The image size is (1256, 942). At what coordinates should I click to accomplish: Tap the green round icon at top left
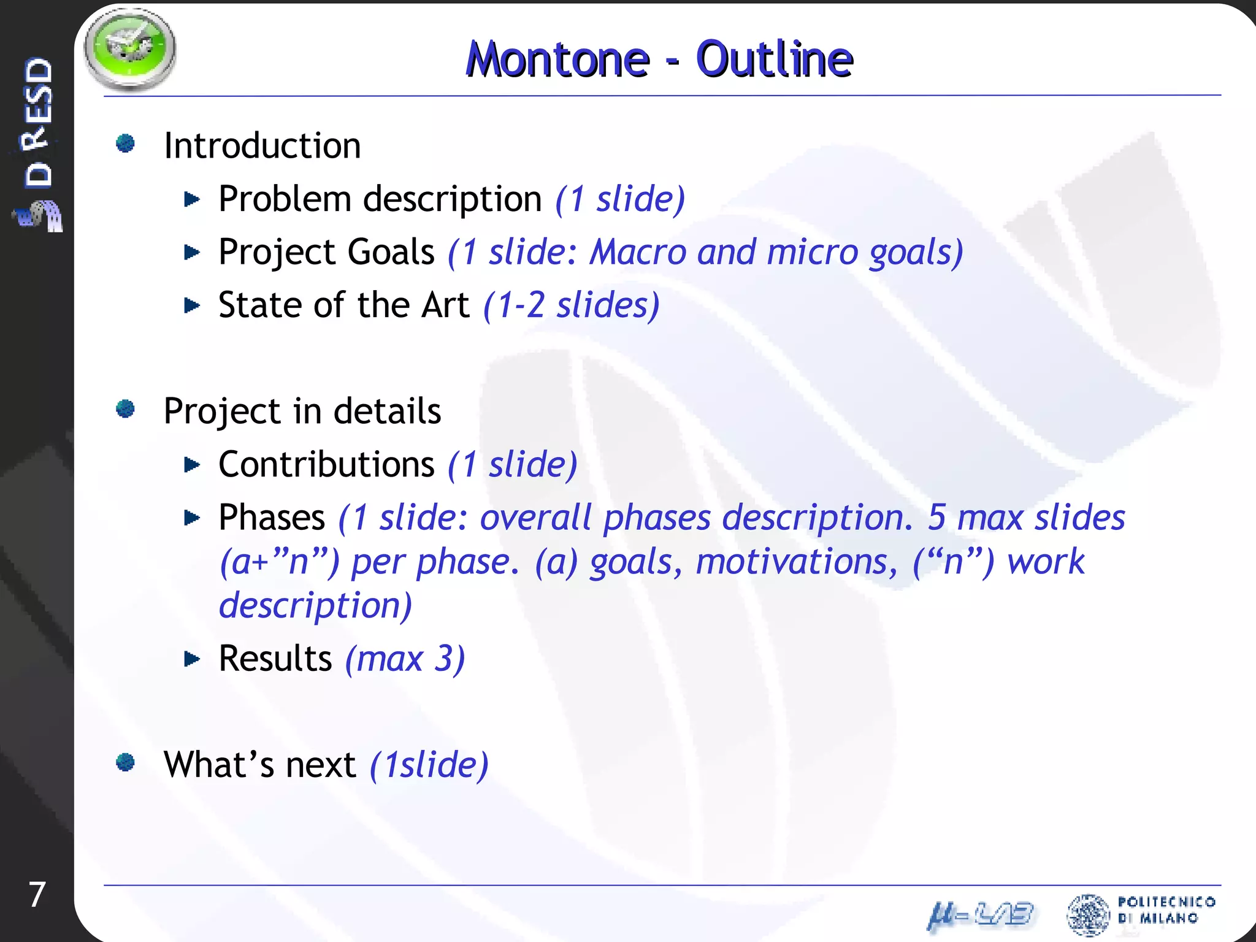coord(129,48)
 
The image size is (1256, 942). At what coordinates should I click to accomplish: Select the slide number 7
coord(37,895)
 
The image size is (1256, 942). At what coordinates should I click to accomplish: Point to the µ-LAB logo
coord(980,914)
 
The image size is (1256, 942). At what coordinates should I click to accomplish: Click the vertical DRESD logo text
coord(38,123)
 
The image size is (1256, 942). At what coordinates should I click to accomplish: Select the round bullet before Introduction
coord(126,144)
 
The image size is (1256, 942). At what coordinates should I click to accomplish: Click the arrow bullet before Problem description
coord(192,199)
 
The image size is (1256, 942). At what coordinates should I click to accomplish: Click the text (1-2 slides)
coord(571,305)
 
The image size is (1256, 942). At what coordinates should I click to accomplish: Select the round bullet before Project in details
coord(126,408)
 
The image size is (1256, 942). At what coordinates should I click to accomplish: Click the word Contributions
coord(326,464)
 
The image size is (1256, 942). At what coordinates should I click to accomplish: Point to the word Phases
coord(272,518)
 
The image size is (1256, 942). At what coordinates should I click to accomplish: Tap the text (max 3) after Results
coord(405,659)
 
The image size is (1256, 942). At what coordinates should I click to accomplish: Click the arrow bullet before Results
coord(192,659)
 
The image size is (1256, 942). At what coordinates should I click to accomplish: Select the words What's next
coord(259,765)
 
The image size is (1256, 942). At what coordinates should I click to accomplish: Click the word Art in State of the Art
coord(445,305)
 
